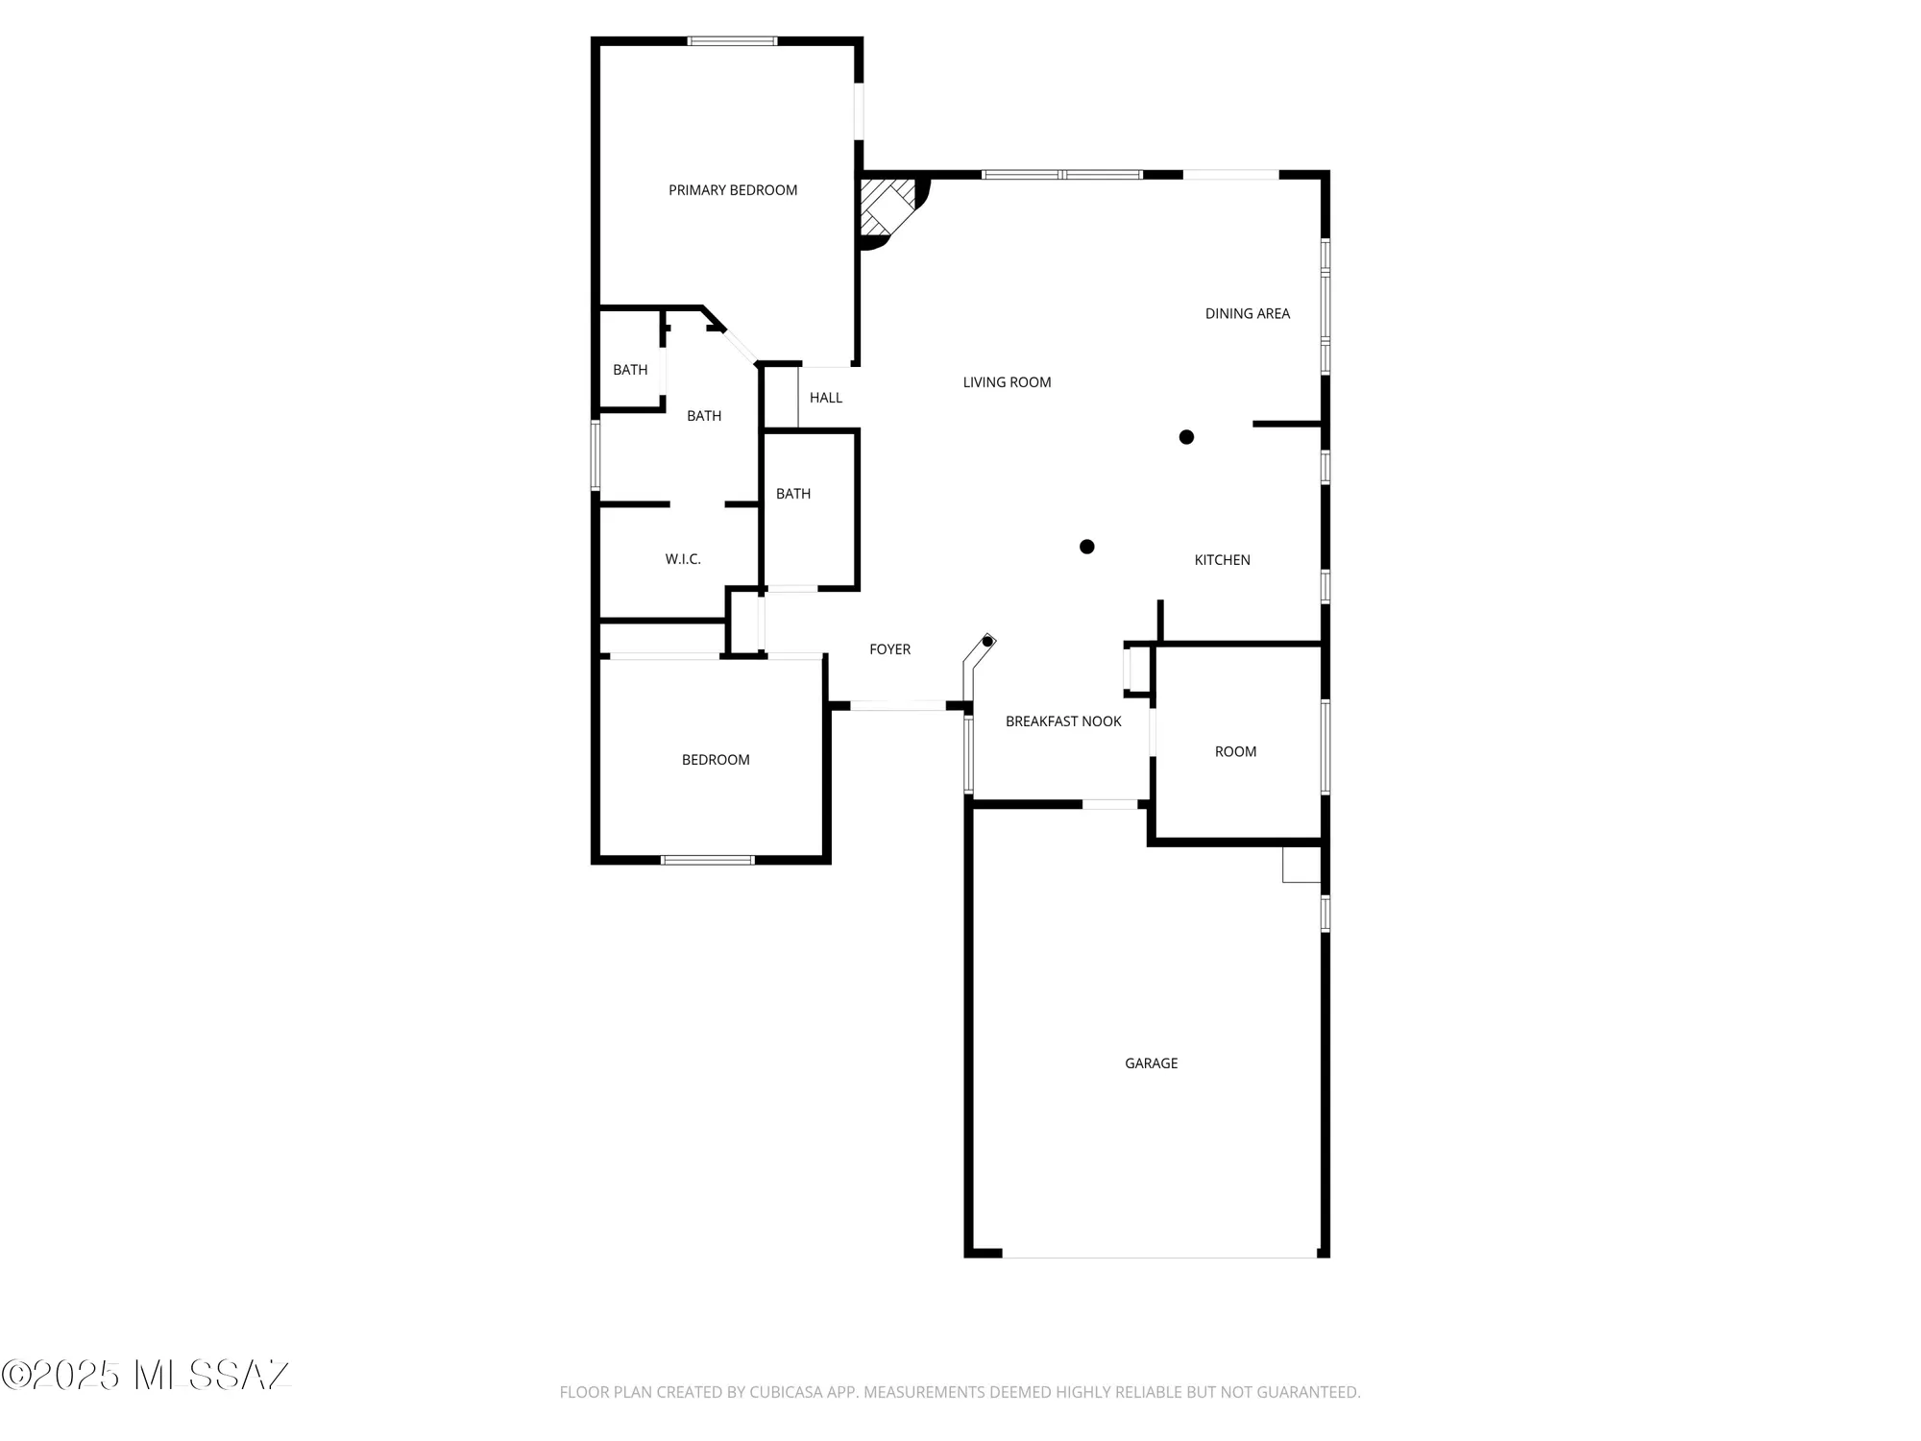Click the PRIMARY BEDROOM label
733,190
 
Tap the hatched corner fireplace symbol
886,206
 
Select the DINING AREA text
1247,313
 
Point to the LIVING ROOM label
1007,382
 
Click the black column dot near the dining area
1186,437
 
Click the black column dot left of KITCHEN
1086,547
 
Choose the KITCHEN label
1222,560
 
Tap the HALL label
825,398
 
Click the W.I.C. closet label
683,559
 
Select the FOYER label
889,649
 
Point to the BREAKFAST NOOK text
1063,721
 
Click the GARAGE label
1151,1063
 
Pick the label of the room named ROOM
1235,751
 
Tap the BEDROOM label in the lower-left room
716,760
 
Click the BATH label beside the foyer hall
793,494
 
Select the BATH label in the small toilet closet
630,370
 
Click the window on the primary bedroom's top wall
732,41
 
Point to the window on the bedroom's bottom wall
708,860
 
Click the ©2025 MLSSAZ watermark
146,1376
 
